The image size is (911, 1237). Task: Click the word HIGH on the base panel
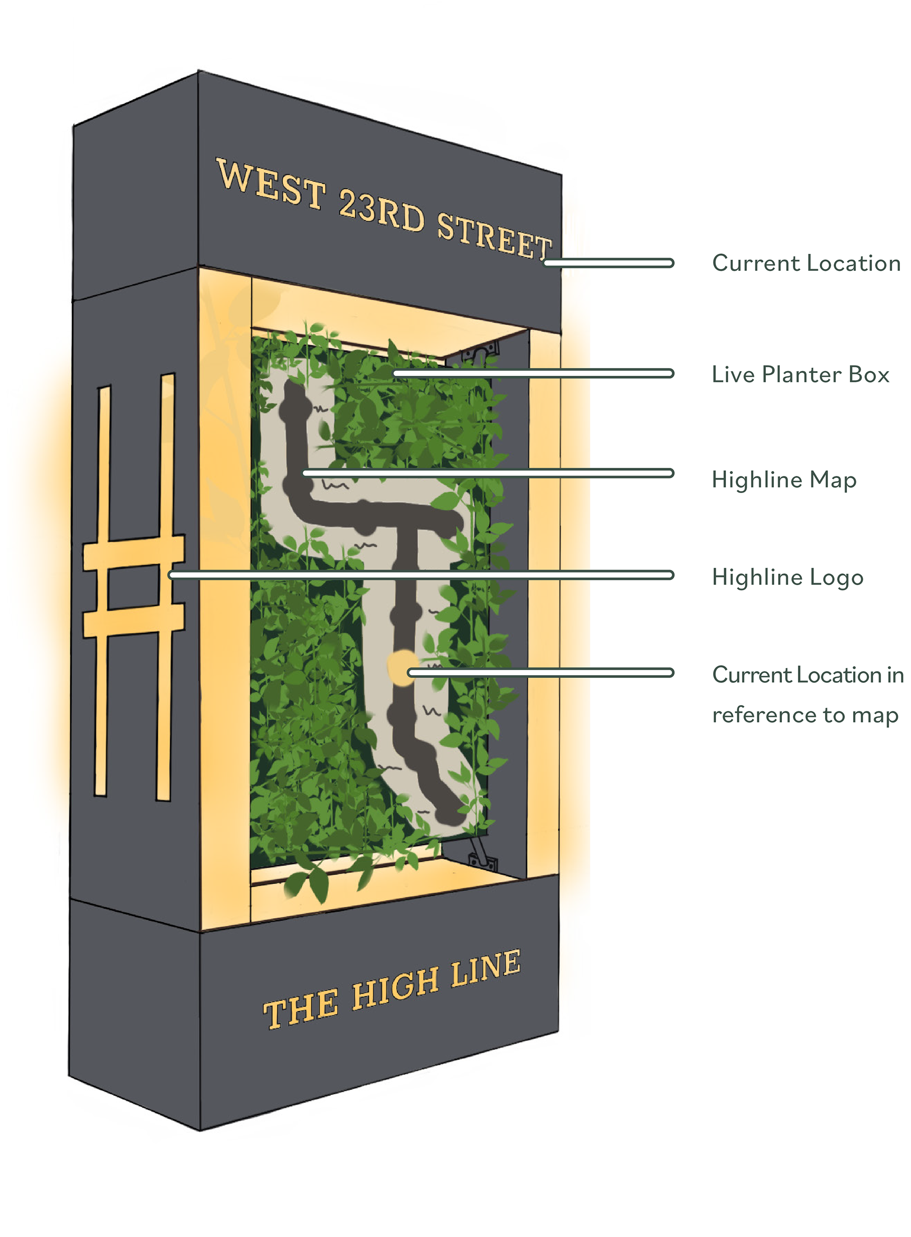click(x=395, y=987)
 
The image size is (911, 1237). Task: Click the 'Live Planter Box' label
click(x=800, y=374)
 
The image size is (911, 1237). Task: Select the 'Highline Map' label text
click(x=784, y=480)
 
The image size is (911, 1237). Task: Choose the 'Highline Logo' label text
click(x=787, y=577)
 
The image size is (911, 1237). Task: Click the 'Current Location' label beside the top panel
click(x=806, y=263)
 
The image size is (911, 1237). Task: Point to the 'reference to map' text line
click(x=805, y=715)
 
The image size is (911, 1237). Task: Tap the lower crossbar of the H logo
click(x=134, y=621)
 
